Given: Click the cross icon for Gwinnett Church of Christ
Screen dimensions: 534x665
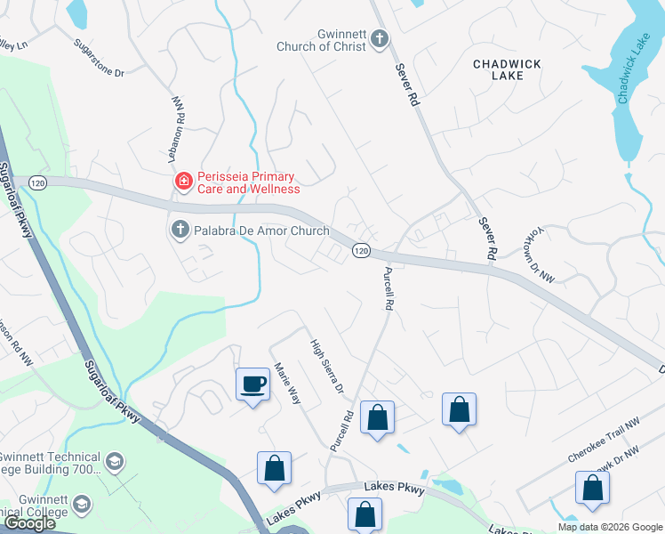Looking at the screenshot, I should click(x=380, y=39).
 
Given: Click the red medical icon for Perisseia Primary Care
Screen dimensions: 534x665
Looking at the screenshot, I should click(x=184, y=182).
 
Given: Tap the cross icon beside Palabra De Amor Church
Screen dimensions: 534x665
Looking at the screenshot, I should click(x=179, y=231).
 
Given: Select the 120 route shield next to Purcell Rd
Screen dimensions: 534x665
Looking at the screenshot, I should click(x=360, y=251).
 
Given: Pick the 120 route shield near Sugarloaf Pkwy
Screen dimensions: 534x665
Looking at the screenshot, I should click(x=36, y=182).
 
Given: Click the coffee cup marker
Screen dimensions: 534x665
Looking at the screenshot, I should click(x=253, y=384).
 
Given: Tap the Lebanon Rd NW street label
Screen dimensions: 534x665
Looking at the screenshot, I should click(x=177, y=129).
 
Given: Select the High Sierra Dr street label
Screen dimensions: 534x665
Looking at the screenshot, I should click(x=326, y=366).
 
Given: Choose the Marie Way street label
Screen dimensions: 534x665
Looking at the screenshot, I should click(x=288, y=384).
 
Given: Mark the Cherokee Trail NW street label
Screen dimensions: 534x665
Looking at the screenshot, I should click(x=604, y=441).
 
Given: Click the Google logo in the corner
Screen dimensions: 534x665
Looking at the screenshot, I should click(x=29, y=523).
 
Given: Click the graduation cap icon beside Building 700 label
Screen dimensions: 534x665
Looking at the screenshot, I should click(x=114, y=461).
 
